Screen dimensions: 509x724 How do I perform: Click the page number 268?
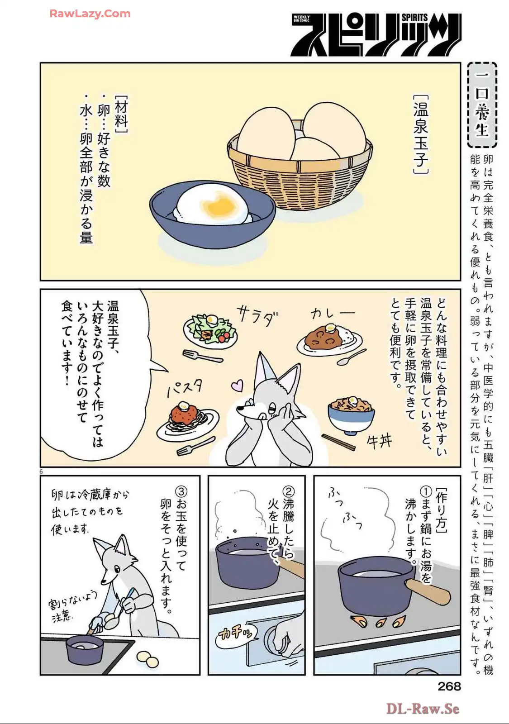tap(449, 686)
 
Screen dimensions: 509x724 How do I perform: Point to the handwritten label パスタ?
tap(185, 387)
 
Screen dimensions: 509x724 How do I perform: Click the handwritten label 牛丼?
tap(380, 441)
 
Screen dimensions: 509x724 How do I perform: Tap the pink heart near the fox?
tap(237, 385)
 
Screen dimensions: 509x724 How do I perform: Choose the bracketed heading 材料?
tap(121, 114)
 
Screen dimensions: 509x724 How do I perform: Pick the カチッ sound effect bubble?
tap(236, 634)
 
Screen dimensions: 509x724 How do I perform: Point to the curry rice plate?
tap(329, 339)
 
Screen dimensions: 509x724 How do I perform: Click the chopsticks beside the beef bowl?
tap(338, 442)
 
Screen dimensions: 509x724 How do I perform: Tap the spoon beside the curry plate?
tap(352, 357)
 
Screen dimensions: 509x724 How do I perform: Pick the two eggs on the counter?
tap(147, 659)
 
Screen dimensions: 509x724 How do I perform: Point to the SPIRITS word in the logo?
tap(414, 18)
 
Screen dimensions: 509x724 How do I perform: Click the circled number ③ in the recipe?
tap(181, 491)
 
